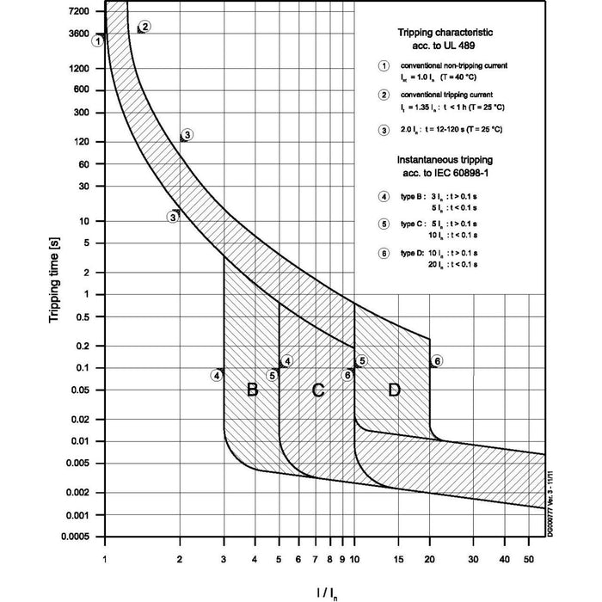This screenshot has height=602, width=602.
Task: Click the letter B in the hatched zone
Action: point(252,390)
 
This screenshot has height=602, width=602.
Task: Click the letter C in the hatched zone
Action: point(317,390)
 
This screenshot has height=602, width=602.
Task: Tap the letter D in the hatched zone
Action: point(394,390)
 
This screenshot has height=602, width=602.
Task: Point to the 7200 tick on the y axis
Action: point(78,10)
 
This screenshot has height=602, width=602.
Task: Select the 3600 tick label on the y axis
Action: point(78,34)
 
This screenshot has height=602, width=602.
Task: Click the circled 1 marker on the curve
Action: point(100,40)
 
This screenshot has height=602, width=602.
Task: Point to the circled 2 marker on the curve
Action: point(144,26)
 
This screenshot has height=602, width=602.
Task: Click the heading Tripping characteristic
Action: point(445,32)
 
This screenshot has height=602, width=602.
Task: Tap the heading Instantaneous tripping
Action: point(445,160)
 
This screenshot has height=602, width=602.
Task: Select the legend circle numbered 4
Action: point(384,196)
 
